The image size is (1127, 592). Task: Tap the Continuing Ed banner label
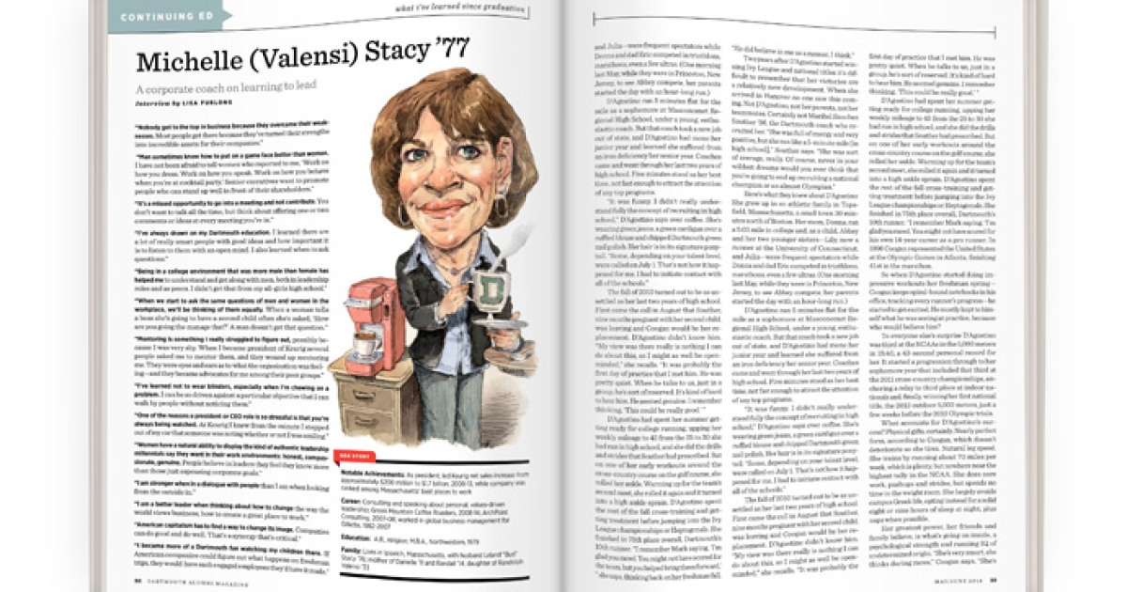pos(159,16)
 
